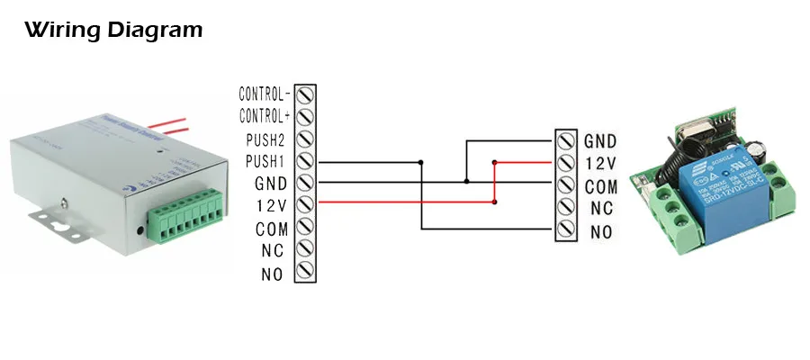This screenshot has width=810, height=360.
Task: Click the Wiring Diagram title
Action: (x=113, y=31)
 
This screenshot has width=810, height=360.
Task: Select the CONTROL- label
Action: (x=265, y=94)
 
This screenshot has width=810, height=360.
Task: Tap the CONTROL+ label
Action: (x=265, y=116)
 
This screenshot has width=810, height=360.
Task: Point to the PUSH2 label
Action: (x=266, y=139)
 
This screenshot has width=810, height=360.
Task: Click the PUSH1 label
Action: (x=266, y=161)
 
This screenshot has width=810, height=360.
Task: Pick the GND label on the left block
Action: (x=273, y=184)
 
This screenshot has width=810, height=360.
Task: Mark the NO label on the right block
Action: (x=601, y=232)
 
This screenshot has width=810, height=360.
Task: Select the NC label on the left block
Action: (x=273, y=251)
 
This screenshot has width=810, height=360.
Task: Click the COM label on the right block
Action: (x=600, y=186)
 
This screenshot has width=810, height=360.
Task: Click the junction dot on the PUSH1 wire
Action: (x=421, y=162)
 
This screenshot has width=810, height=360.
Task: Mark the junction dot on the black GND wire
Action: (x=466, y=182)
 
